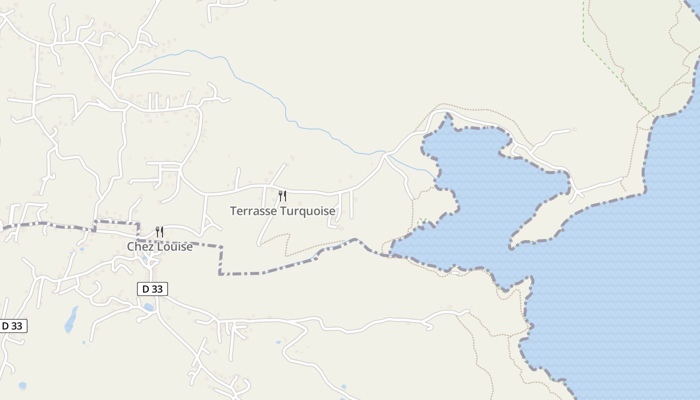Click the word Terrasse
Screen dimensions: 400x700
coord(253,211)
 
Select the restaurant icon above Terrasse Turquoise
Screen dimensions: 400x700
coord(282,195)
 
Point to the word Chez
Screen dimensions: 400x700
coord(139,246)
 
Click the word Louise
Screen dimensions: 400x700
coord(175,246)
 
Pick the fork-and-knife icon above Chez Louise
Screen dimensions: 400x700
coord(159,231)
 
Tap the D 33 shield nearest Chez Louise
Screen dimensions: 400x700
coord(152,289)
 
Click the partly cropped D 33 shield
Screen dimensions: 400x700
coord(12,326)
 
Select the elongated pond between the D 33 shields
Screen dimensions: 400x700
coord(70,320)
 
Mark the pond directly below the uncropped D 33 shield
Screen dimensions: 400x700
coord(149,306)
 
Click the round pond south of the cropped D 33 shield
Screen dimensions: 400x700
coord(22,385)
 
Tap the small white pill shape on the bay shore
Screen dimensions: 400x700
coord(455,272)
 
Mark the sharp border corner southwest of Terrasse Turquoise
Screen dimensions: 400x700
coord(220,273)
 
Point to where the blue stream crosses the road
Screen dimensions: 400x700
coord(385,152)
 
